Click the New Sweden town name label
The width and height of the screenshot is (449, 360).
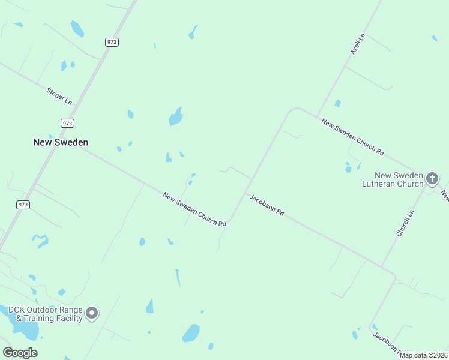tap(61, 142)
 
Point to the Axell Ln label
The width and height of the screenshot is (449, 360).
tap(358, 45)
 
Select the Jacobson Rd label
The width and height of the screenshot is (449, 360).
tap(266, 205)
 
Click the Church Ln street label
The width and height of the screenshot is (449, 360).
tap(405, 223)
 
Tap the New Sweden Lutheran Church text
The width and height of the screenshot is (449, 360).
tap(393, 179)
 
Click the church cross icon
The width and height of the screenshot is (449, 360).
tap(432, 178)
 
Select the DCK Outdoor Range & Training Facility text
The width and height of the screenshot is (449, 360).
tap(46, 314)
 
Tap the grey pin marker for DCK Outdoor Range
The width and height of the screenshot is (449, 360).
tap(92, 313)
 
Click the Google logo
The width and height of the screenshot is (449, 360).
tap(20, 353)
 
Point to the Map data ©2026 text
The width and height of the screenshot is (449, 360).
tap(424, 355)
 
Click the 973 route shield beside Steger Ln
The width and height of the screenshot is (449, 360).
tap(67, 123)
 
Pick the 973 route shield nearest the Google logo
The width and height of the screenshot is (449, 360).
tap(23, 205)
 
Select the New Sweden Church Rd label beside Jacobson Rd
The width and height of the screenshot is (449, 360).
tap(194, 209)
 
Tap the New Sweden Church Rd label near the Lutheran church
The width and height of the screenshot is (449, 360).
tap(352, 137)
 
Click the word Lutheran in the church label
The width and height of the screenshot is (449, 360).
tap(384, 184)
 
